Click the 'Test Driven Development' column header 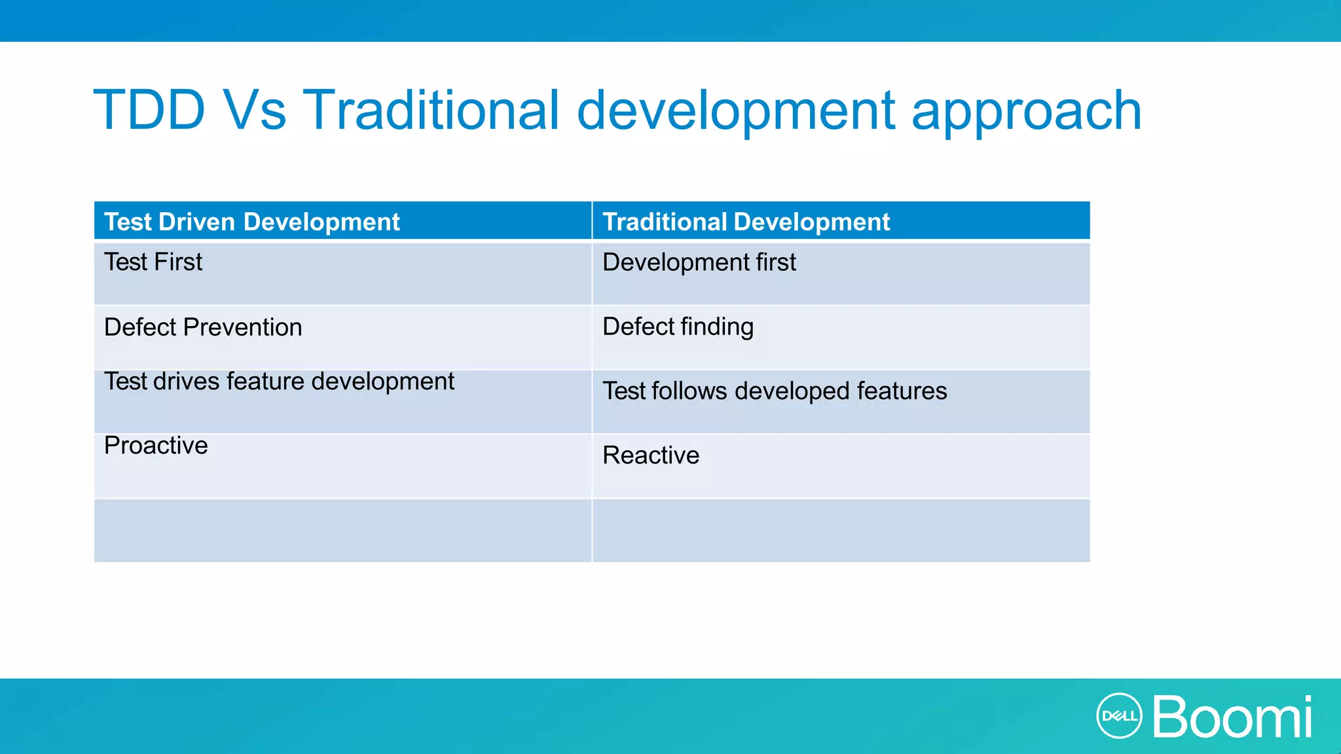(251, 222)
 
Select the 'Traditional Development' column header (746, 222)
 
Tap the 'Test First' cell (153, 262)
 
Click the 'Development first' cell (699, 262)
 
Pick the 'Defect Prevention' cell (202, 327)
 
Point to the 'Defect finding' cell (678, 327)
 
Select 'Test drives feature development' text (279, 382)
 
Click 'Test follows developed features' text (775, 391)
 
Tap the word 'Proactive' (156, 446)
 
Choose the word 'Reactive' (651, 456)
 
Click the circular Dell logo (1118, 716)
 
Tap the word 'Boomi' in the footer (1232, 717)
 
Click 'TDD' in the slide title (150, 110)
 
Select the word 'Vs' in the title (254, 110)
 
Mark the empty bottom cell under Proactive (342, 531)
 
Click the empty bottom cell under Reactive (841, 531)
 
